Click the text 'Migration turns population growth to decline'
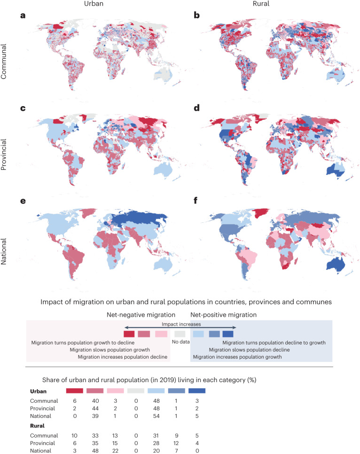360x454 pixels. (x=83, y=342)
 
